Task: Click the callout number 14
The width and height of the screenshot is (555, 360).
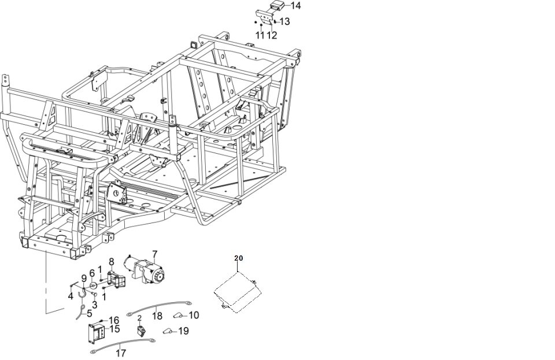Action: pos(295,6)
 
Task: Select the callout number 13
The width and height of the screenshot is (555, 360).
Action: pos(284,21)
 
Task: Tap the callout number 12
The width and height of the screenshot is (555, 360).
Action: pos(272,35)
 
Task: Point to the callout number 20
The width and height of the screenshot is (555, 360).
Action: pos(239,258)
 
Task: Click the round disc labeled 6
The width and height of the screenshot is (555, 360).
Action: pos(92,285)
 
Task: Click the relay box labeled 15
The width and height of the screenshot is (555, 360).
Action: pos(97,332)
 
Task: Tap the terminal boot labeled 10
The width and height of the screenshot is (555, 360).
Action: pos(178,315)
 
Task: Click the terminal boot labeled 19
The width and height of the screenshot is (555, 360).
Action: pos(168,331)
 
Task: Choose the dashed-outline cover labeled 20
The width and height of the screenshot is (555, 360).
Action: pos(238,292)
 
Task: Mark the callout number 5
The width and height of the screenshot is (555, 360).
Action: pos(89,313)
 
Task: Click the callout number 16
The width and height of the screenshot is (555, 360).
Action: pos(114,320)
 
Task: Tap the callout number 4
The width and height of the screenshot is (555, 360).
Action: pos(71,296)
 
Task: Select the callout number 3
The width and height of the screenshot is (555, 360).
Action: pos(94,305)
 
